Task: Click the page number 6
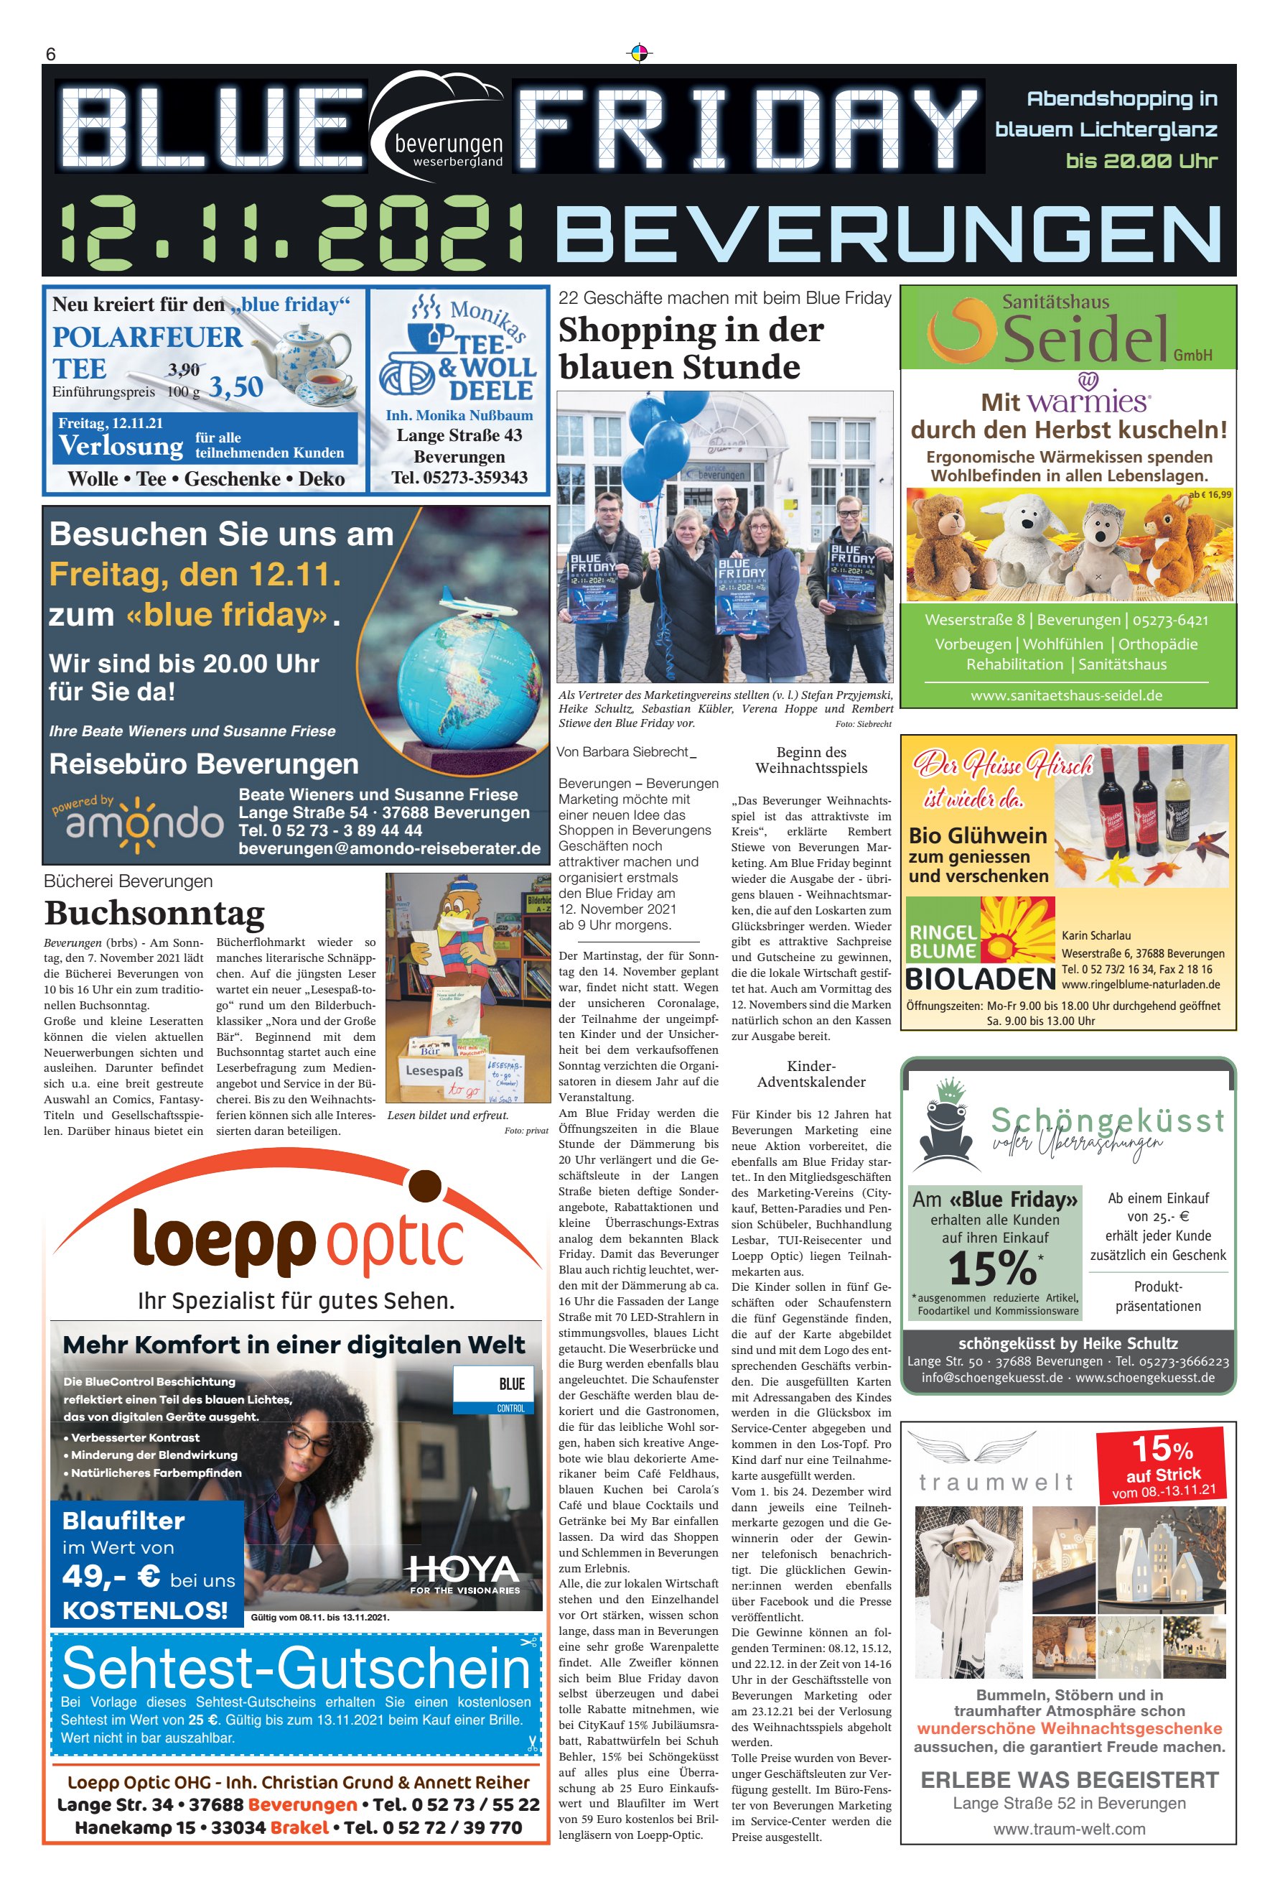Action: [x=50, y=55]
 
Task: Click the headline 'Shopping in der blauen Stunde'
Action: [x=690, y=348]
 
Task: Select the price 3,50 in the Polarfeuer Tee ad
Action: [x=236, y=386]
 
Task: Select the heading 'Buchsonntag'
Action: [x=154, y=914]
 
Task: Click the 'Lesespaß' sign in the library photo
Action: [x=434, y=1070]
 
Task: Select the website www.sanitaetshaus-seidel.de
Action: [x=1066, y=696]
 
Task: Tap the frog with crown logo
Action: [x=945, y=1126]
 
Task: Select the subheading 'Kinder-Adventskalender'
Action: [x=810, y=1074]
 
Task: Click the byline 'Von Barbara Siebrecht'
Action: [x=622, y=752]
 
